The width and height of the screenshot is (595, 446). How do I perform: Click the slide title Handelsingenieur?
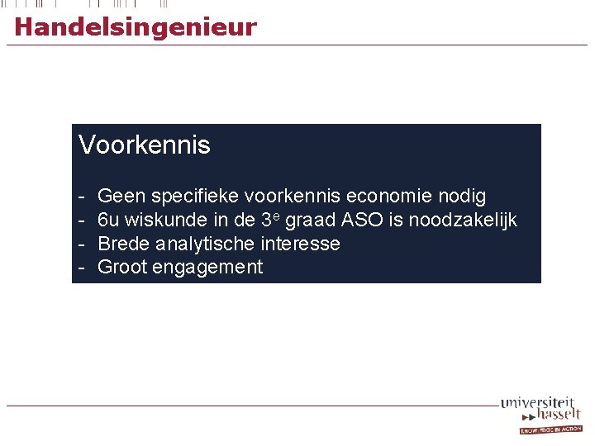point(136,27)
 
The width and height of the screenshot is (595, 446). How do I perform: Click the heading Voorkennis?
point(145,145)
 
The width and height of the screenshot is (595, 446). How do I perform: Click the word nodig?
point(460,197)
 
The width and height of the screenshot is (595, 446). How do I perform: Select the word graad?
point(311,221)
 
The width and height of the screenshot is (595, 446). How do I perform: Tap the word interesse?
point(300,244)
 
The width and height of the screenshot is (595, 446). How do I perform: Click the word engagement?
point(208,268)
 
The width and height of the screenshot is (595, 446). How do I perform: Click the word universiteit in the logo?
point(536,402)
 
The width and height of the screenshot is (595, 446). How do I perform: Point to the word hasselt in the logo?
point(558,414)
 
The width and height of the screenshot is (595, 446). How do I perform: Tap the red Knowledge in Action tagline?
point(550,429)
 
